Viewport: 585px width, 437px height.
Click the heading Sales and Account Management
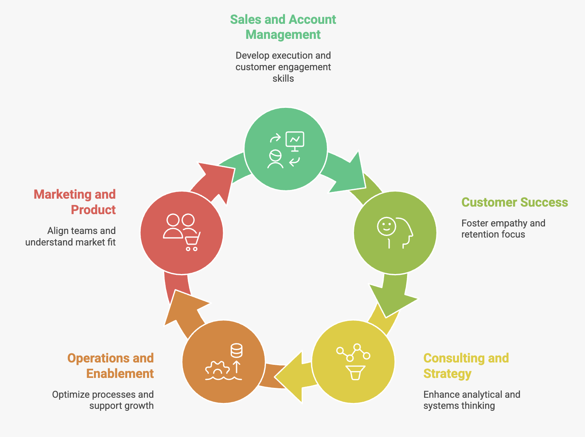point(283,27)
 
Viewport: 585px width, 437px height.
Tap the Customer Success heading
point(514,202)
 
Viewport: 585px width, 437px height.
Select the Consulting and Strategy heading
point(466,366)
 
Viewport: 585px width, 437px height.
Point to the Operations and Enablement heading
point(111,366)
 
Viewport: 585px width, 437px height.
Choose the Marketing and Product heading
point(75,202)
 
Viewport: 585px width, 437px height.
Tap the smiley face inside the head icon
point(386,226)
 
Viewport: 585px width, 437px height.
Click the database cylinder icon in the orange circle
point(237,351)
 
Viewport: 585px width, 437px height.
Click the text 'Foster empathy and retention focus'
point(503,229)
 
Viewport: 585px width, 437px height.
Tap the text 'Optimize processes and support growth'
point(103,400)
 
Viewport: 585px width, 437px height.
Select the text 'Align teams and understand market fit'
point(71,236)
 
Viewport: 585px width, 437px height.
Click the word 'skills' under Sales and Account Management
point(283,79)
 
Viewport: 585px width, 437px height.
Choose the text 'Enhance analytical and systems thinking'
point(472,400)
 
